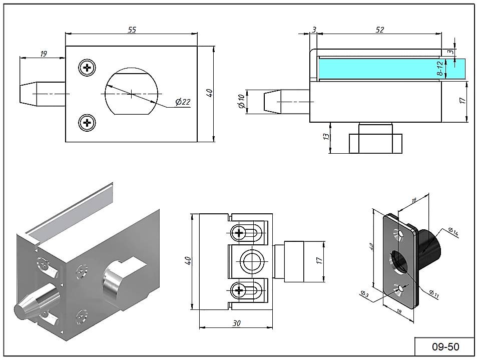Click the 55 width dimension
[132, 30]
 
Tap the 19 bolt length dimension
[43, 54]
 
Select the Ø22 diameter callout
[183, 102]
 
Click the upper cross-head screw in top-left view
[88, 68]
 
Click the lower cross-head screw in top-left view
[88, 122]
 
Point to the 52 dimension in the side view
[379, 30]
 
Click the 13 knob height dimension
[327, 136]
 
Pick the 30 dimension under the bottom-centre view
[236, 323]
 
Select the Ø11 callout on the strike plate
[433, 295]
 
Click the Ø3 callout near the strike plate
[364, 294]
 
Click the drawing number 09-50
[445, 346]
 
